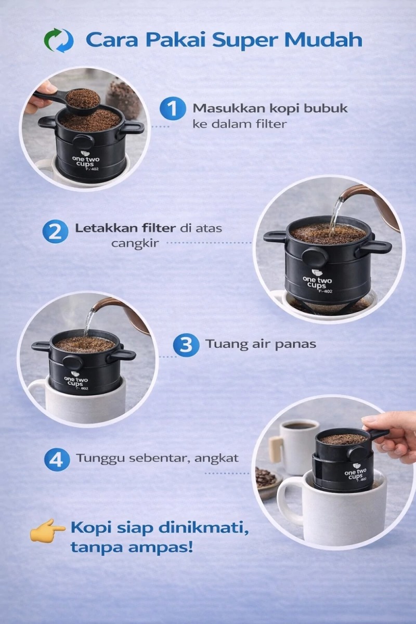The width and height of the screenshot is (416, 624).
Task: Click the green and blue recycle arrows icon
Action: [59, 41]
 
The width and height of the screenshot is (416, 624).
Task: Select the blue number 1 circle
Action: [173, 108]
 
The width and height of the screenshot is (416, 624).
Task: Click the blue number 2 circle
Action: [56, 232]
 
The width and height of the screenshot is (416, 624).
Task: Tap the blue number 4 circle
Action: [57, 460]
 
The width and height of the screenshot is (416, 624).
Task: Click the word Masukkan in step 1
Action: [229, 108]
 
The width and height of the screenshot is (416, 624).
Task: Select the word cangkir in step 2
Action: [135, 243]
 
